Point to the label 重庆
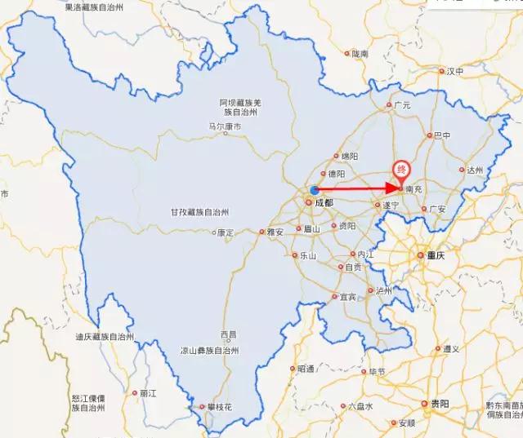[437, 255]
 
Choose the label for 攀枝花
[219, 406]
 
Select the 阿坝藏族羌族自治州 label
[239, 107]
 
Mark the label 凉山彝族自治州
[210, 351]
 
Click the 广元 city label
[401, 105]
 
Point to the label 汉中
[454, 72]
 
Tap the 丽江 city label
[148, 392]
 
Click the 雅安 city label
[274, 232]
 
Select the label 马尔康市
[225, 127]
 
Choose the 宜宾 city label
[348, 297]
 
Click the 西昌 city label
[228, 335]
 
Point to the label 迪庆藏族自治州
[103, 337]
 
